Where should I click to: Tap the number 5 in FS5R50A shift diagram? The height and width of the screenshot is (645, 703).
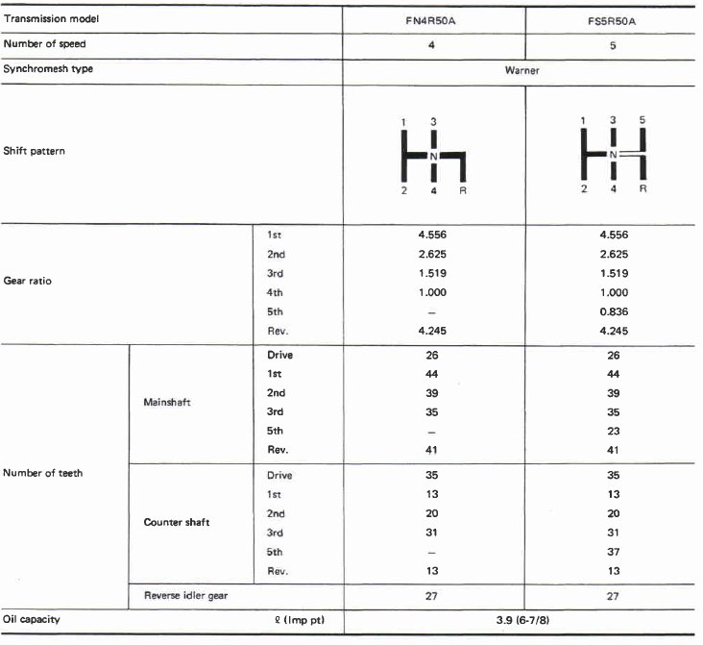(x=642, y=120)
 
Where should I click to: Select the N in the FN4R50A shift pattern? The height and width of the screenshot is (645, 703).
(x=433, y=156)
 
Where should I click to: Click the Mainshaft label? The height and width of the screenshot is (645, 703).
(x=166, y=402)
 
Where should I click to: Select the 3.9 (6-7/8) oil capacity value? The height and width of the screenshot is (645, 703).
(x=521, y=620)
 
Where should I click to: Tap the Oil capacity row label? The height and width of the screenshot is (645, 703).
(x=32, y=620)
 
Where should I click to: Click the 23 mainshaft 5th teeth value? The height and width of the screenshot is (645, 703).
(x=613, y=430)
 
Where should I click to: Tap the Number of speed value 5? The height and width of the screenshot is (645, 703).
(x=613, y=45)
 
